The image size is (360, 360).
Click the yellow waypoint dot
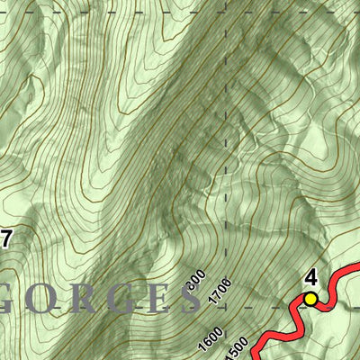310,298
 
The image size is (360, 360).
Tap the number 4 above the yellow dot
311,278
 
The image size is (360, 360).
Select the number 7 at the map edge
5,238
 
